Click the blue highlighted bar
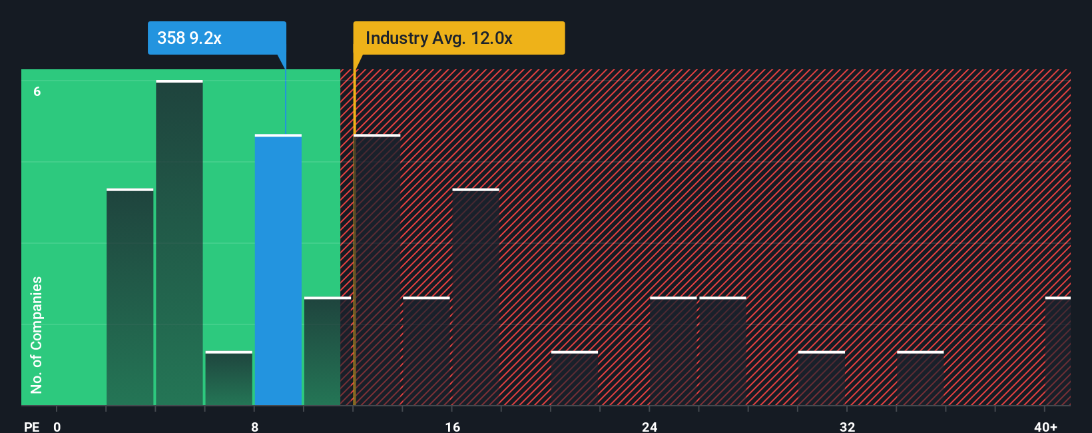point(278,270)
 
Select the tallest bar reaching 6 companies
point(179,243)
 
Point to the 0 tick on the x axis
point(57,426)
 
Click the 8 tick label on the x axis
point(254,426)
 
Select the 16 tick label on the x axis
point(452,426)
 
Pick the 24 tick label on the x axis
point(649,426)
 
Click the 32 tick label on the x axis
point(847,426)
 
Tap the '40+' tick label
point(1045,426)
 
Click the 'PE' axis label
point(31,426)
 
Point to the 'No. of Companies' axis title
point(37,334)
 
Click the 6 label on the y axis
point(37,91)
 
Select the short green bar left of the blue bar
point(228,378)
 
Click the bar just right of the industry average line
point(378,270)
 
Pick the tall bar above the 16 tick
point(475,297)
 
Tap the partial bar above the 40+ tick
point(1057,351)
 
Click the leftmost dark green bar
point(130,297)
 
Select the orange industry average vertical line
point(354,233)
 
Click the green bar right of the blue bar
point(322,351)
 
